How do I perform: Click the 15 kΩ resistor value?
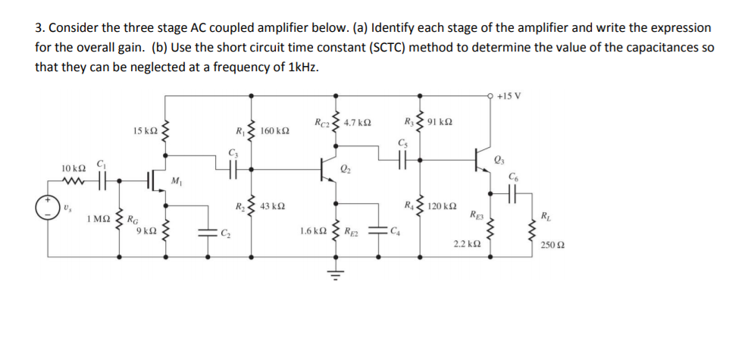pyautogui.click(x=145, y=131)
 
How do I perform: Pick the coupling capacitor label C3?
pyautogui.click(x=232, y=155)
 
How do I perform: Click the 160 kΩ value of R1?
pyautogui.click(x=274, y=131)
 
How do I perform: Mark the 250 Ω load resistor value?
pyautogui.click(x=553, y=246)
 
